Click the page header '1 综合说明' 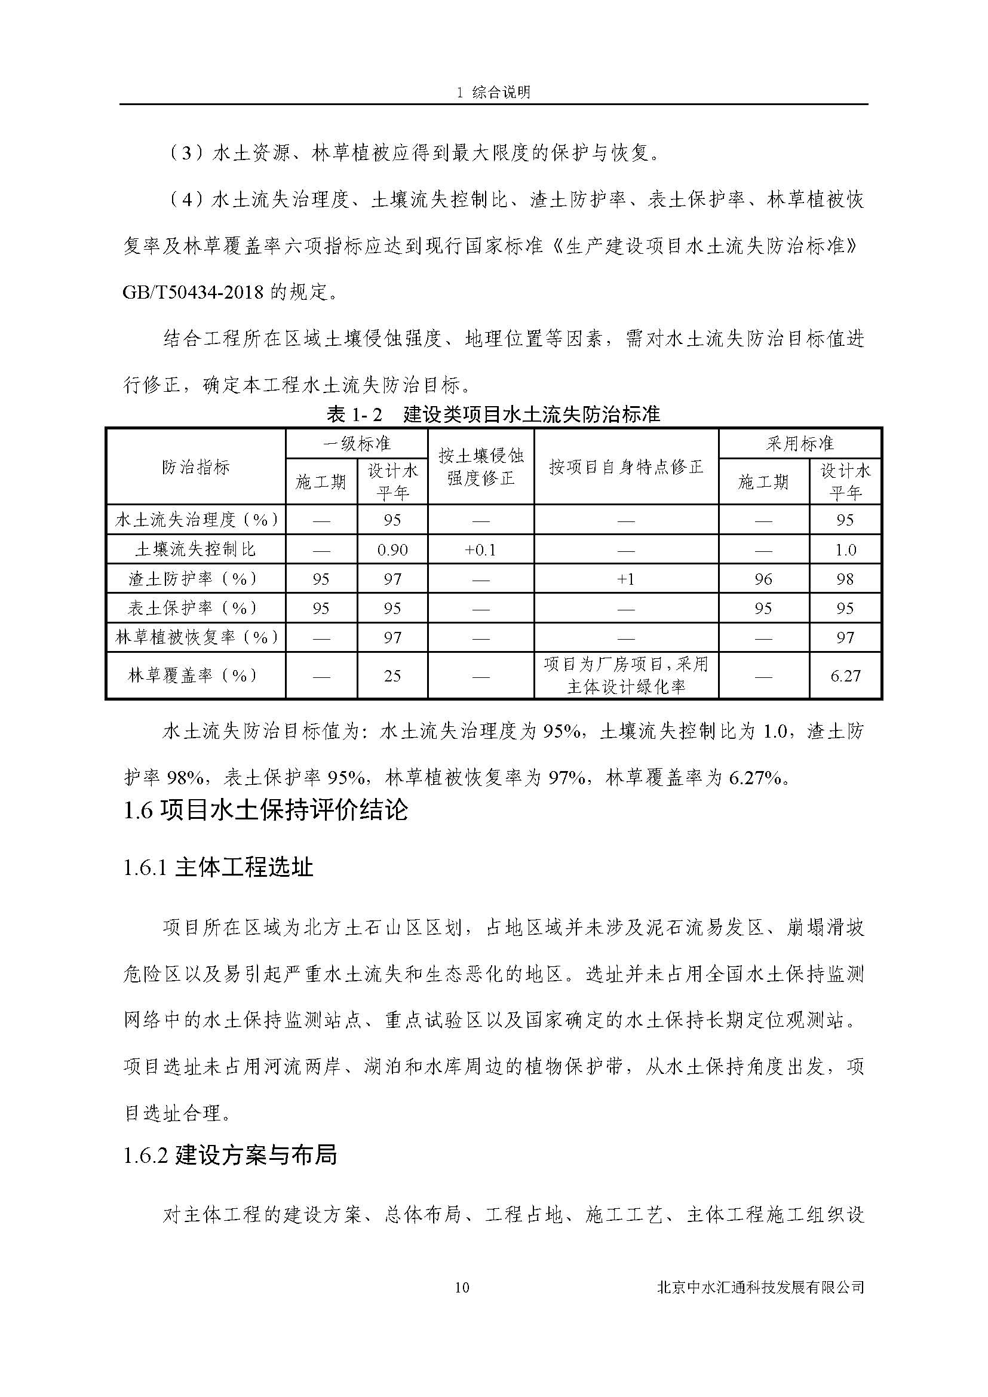tap(493, 92)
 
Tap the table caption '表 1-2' tap(355, 415)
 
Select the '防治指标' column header tap(196, 467)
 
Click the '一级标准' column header tap(357, 444)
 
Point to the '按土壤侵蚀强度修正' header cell tap(481, 466)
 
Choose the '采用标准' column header tap(799, 444)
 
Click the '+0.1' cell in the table tap(481, 550)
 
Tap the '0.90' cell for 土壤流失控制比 tap(392, 550)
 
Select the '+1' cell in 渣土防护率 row tap(625, 579)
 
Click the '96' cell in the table tap(763, 579)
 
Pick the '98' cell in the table tap(845, 579)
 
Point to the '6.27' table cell tap(845, 676)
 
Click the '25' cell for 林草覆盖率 tap(392, 676)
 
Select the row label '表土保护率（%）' tap(196, 609)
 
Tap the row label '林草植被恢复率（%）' tap(196, 638)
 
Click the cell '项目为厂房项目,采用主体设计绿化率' tap(625, 676)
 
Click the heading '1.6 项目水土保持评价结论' tap(265, 810)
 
